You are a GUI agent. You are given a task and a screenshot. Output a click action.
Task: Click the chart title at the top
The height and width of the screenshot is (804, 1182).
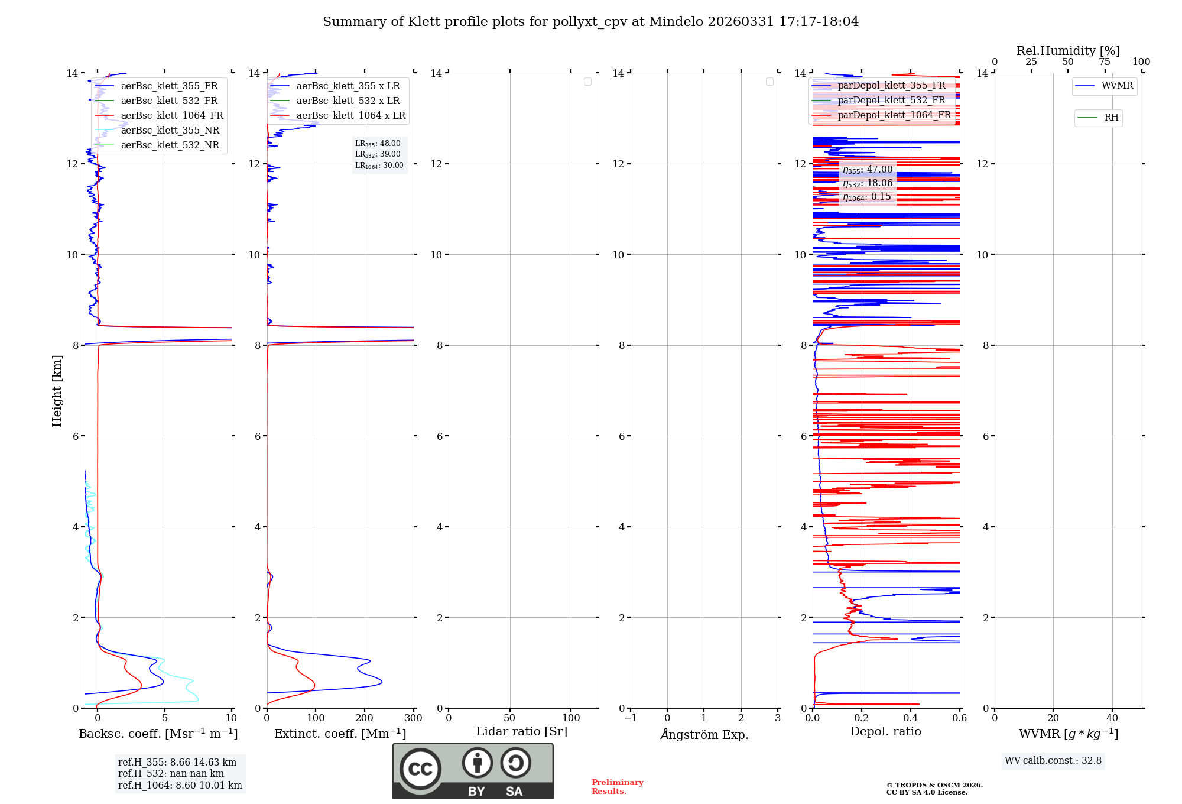[590, 22]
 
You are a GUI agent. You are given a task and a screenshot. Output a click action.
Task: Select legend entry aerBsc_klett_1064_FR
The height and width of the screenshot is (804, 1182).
[171, 116]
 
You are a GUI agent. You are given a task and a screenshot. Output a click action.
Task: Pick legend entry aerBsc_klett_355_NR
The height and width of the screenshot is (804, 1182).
[170, 131]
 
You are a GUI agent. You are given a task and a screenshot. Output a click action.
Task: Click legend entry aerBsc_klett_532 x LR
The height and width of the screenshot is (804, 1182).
[348, 101]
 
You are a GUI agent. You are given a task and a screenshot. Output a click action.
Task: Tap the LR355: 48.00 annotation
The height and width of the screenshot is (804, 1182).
[378, 144]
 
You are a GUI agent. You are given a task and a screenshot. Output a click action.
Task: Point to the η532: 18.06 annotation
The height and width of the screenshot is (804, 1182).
[868, 183]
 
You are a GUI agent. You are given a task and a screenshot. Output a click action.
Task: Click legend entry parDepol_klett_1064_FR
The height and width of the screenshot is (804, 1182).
[894, 115]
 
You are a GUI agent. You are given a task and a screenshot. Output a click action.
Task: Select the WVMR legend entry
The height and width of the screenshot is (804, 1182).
[1116, 86]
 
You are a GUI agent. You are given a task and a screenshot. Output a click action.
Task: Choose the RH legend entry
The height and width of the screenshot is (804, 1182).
[1110, 118]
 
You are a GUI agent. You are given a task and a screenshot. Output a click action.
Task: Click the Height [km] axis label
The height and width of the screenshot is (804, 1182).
[57, 391]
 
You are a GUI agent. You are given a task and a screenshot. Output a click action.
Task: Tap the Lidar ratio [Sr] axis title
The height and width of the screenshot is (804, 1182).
[522, 732]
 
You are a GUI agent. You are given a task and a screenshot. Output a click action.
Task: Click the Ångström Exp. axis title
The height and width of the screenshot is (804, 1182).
[704, 735]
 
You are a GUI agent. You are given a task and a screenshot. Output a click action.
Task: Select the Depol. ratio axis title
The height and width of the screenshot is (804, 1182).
[885, 732]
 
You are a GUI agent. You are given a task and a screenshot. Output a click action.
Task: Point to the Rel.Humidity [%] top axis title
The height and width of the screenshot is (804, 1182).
[1068, 51]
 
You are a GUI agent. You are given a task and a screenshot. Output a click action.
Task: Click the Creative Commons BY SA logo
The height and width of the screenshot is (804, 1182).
[473, 771]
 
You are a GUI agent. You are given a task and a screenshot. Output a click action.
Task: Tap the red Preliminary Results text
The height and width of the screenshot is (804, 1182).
[617, 787]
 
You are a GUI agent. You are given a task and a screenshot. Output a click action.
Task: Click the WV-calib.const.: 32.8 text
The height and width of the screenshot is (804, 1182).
[1053, 761]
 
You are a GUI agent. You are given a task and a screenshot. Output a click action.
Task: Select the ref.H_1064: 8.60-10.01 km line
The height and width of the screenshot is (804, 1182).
[180, 786]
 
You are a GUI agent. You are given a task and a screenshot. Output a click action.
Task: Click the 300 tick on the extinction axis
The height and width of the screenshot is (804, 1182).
[413, 718]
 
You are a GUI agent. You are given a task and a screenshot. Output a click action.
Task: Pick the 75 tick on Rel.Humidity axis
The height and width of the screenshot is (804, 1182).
[1104, 62]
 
